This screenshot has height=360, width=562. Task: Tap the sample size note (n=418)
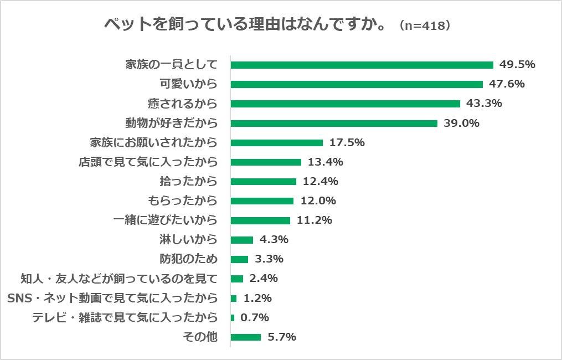424,26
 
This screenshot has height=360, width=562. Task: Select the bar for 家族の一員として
362,65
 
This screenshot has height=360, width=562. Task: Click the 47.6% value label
507,84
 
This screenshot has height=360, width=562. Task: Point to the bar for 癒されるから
345,104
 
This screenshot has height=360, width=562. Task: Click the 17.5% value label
347,143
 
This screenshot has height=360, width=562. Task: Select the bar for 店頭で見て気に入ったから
266,162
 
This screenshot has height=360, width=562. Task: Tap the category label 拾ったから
188,182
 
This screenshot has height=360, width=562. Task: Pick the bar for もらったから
262,201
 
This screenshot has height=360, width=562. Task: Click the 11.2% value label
314,220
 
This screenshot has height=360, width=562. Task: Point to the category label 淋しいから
188,240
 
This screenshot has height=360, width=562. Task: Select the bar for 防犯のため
239,259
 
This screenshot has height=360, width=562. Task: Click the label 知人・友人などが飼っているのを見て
119,279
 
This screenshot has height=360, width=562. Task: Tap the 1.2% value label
257,299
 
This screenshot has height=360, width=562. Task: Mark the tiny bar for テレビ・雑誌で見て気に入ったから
233,318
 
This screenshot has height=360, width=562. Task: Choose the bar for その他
245,337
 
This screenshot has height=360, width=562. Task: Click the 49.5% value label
517,65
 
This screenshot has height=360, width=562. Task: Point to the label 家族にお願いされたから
153,143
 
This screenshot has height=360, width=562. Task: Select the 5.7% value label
281,337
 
